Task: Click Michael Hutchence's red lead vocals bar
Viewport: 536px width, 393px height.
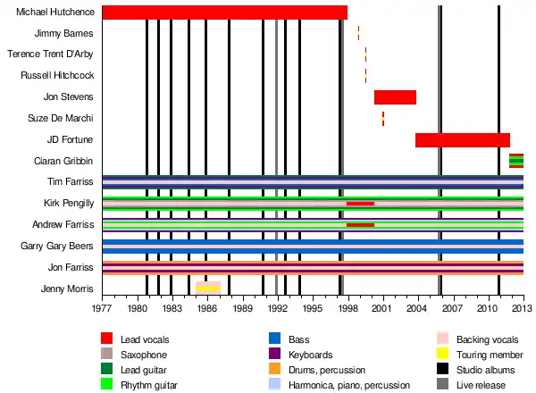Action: (224, 12)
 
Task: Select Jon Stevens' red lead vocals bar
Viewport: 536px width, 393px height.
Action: (395, 97)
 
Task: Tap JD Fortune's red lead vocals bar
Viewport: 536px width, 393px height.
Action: (463, 140)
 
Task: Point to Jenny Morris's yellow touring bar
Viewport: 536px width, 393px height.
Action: (208, 288)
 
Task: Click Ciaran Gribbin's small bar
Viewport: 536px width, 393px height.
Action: (516, 161)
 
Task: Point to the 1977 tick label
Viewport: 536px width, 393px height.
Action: (103, 308)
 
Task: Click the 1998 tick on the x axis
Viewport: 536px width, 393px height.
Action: (347, 308)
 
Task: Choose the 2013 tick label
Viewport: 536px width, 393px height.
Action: (523, 308)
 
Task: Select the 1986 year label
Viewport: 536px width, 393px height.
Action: (207, 308)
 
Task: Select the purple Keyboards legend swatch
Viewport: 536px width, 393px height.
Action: (274, 355)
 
